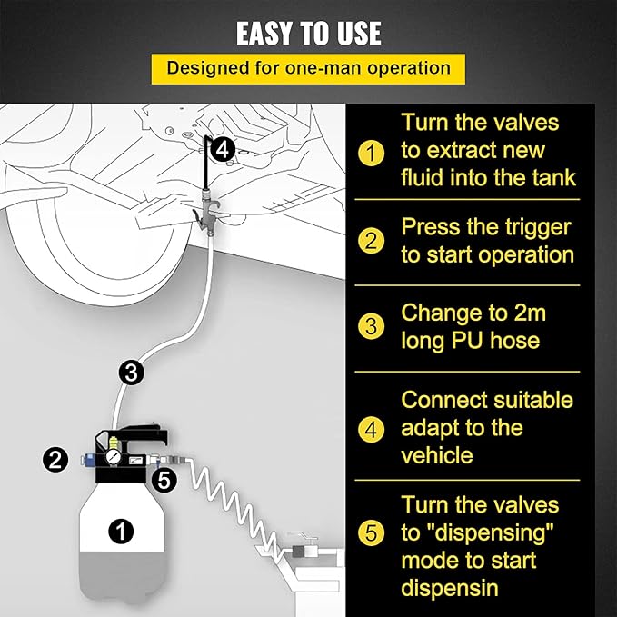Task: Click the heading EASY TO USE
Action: click(309, 33)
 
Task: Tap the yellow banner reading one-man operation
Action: click(308, 69)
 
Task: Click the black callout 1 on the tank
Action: click(121, 532)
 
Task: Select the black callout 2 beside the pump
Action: click(55, 459)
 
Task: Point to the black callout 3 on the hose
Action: click(132, 373)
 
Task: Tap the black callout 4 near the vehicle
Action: click(223, 150)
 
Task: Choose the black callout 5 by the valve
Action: click(164, 480)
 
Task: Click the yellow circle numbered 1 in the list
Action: click(371, 153)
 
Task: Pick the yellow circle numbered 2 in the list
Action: click(371, 241)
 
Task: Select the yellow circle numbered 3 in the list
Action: click(371, 326)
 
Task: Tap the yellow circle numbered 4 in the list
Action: click(371, 429)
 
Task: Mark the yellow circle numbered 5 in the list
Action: click(371, 533)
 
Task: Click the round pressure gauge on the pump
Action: click(114, 457)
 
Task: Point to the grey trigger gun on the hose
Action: click(204, 212)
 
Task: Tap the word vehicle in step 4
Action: click(437, 455)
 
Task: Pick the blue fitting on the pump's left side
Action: click(87, 460)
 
